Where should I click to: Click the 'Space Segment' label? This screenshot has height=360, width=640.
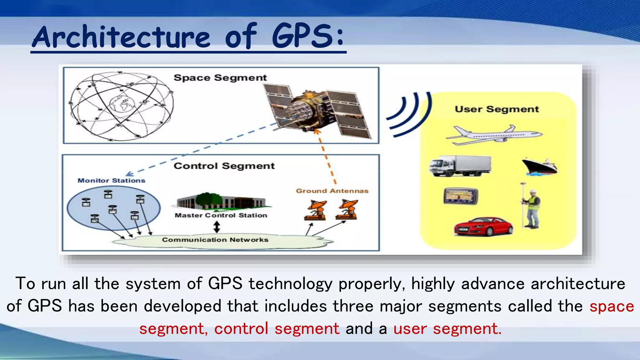(220, 78)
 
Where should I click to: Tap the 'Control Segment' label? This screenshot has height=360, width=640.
(224, 166)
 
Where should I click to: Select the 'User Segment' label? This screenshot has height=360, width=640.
(497, 109)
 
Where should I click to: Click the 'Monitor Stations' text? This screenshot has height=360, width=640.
(112, 181)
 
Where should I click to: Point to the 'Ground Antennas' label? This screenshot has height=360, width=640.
(332, 191)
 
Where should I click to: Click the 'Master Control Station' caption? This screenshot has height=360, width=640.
(221, 215)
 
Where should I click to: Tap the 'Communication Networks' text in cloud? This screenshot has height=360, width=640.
(215, 240)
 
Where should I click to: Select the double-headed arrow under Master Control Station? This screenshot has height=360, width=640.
(217, 227)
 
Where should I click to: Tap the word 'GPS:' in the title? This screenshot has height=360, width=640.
(308, 37)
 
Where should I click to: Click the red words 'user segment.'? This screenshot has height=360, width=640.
(447, 329)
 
